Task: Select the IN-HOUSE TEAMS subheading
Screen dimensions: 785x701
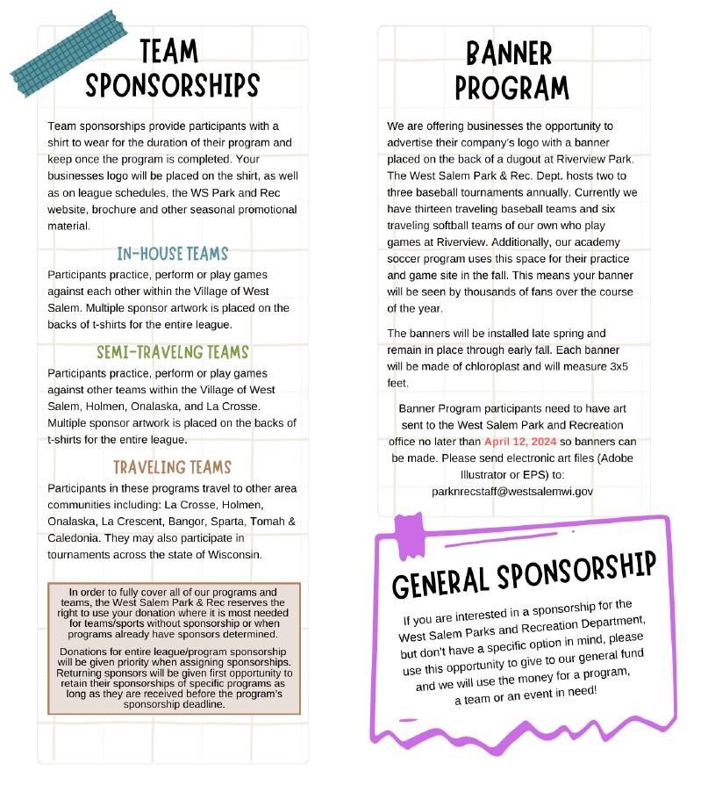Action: point(172,255)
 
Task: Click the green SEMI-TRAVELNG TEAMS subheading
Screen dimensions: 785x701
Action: point(172,352)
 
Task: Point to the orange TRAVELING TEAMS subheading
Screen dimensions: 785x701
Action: point(172,466)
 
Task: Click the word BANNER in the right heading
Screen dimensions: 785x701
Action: point(509,54)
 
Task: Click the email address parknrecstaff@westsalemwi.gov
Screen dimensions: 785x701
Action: point(512,492)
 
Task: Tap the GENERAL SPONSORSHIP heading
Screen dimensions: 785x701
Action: point(523,570)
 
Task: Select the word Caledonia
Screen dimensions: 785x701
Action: point(73,537)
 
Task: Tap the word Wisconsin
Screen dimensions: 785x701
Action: point(231,554)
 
